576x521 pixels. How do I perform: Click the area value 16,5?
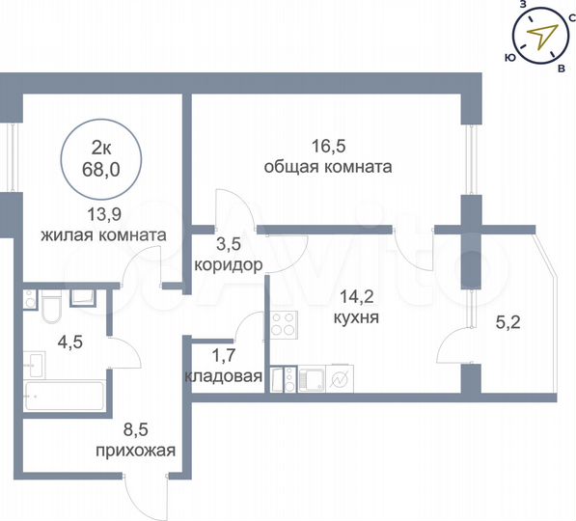(327, 147)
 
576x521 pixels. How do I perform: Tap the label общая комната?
(327, 166)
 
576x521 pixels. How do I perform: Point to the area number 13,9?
(102, 214)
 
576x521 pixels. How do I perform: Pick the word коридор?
(229, 263)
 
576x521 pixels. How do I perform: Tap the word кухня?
(355, 315)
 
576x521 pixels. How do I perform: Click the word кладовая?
(222, 376)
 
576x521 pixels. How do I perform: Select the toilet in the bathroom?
(51, 310)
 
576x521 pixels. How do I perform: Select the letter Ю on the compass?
(508, 57)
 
